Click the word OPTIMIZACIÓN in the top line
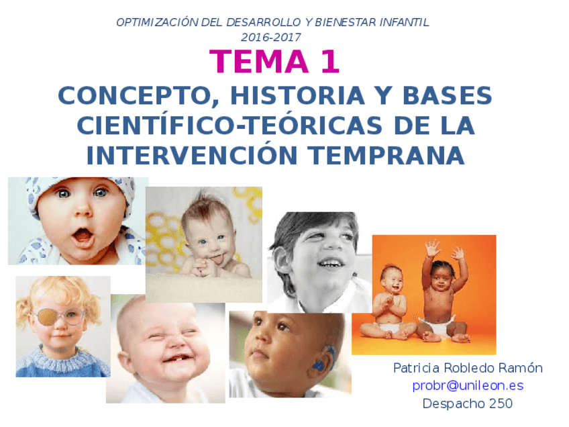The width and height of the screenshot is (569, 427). [x=152, y=22]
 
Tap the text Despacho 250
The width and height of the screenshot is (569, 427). [x=468, y=404]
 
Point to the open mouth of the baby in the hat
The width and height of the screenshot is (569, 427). [x=83, y=236]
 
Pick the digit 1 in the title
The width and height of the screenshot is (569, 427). [x=329, y=62]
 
